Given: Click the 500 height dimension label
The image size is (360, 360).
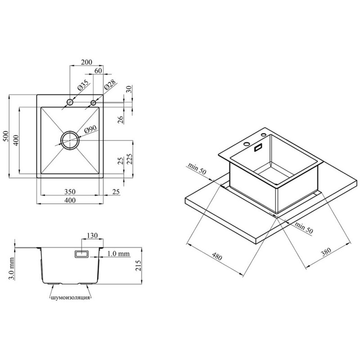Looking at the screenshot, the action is click(x=6, y=136).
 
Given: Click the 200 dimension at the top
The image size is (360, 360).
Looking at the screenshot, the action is click(x=87, y=62).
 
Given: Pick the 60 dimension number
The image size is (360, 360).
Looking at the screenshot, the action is click(x=98, y=71).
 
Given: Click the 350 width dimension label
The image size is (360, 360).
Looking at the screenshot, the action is click(x=70, y=191).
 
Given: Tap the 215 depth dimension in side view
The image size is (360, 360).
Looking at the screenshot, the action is click(x=138, y=266).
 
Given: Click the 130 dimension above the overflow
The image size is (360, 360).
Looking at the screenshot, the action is click(x=92, y=235).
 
